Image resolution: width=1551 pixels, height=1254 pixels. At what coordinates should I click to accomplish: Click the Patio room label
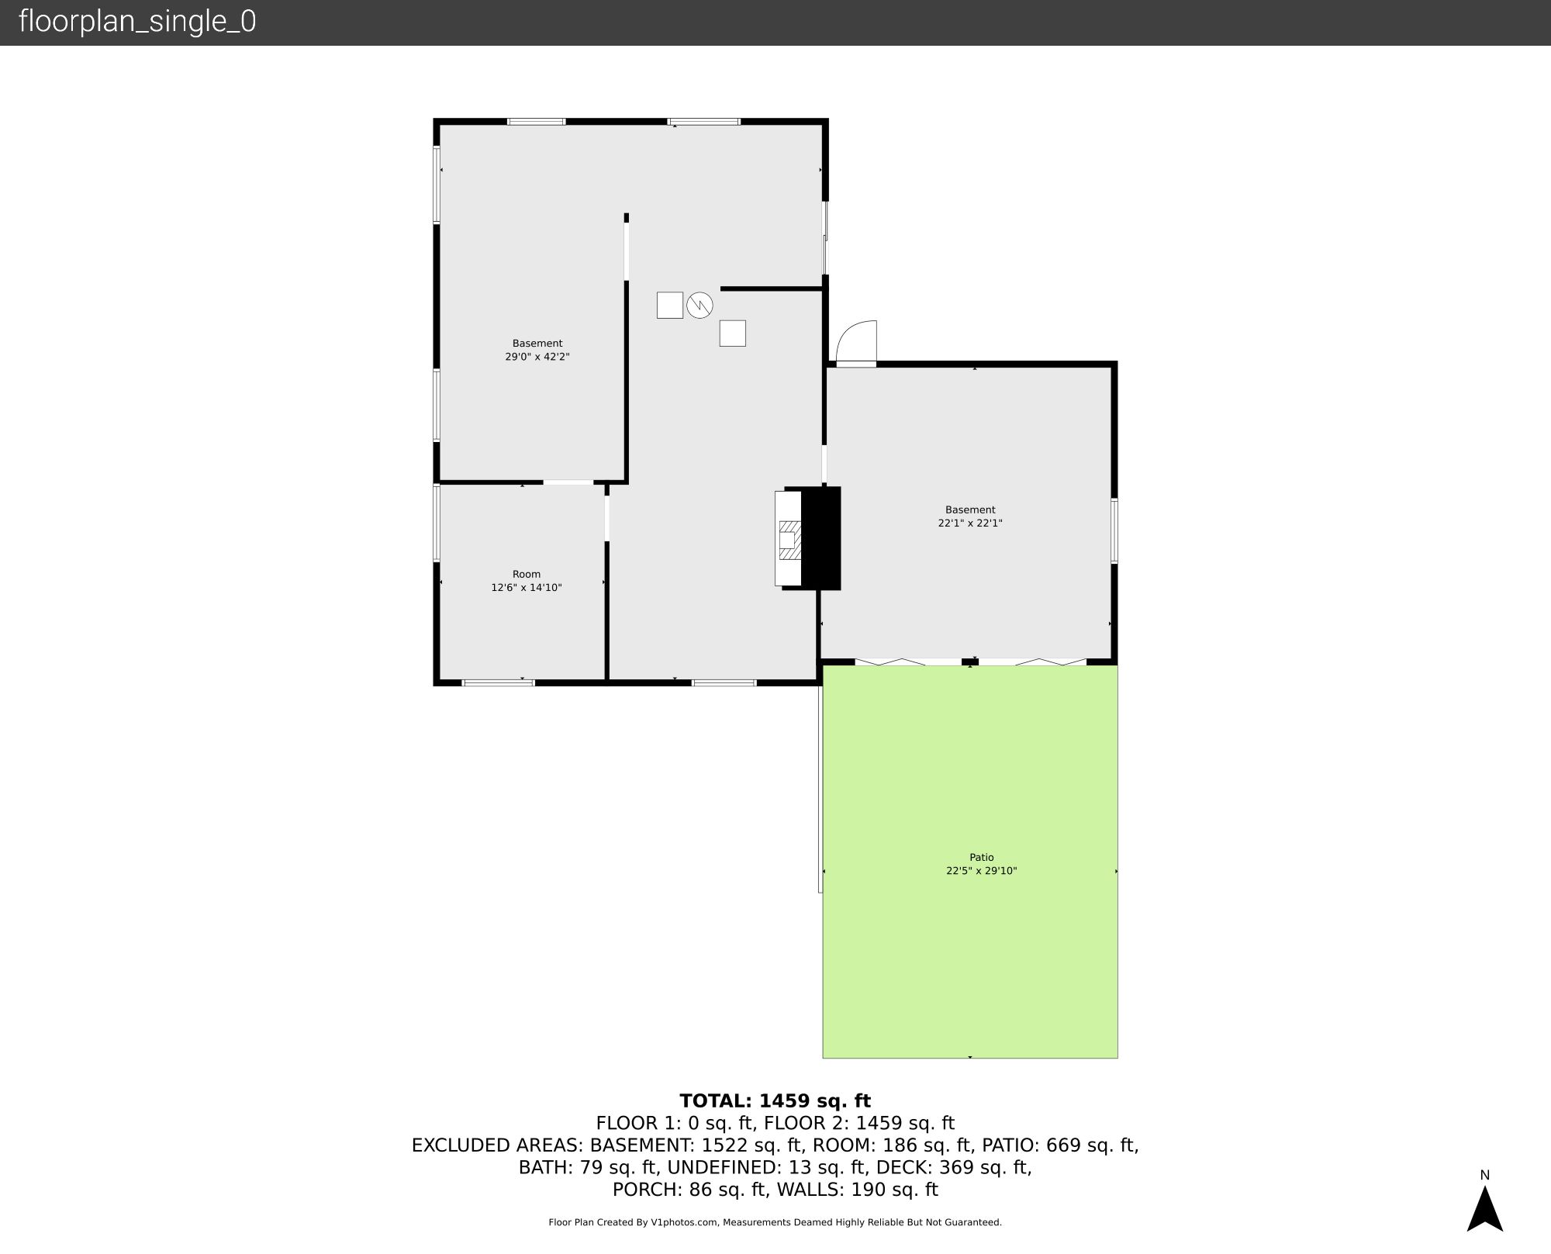click(981, 857)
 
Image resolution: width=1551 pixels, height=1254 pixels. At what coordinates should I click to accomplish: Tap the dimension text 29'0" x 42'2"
click(537, 357)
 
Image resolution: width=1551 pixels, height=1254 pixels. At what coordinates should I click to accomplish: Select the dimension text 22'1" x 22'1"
click(970, 523)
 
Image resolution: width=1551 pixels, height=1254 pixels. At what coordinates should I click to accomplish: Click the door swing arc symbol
click(857, 342)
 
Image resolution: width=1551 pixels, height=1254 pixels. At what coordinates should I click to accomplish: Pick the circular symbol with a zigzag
click(700, 305)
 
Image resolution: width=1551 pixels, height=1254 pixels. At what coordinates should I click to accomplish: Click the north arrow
click(1484, 1210)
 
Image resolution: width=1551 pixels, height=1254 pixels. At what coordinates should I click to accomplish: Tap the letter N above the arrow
click(1484, 1175)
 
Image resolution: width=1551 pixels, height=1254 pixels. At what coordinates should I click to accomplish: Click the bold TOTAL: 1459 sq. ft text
click(775, 1100)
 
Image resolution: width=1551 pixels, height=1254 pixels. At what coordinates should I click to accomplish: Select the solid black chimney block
click(820, 537)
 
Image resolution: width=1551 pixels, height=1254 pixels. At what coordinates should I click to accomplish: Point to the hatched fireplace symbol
click(789, 540)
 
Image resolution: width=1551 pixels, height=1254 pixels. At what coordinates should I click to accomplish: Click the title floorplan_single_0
click(137, 22)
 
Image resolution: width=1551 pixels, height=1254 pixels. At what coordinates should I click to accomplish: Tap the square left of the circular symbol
click(670, 305)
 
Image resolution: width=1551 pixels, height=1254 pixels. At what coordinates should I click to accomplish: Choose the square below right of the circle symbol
click(732, 333)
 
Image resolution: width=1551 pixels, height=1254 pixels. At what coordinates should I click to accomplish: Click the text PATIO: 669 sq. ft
click(1060, 1145)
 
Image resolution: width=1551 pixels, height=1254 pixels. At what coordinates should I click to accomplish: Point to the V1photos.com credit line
click(775, 1222)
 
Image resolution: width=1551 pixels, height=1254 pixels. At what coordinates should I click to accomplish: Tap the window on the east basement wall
click(1114, 530)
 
